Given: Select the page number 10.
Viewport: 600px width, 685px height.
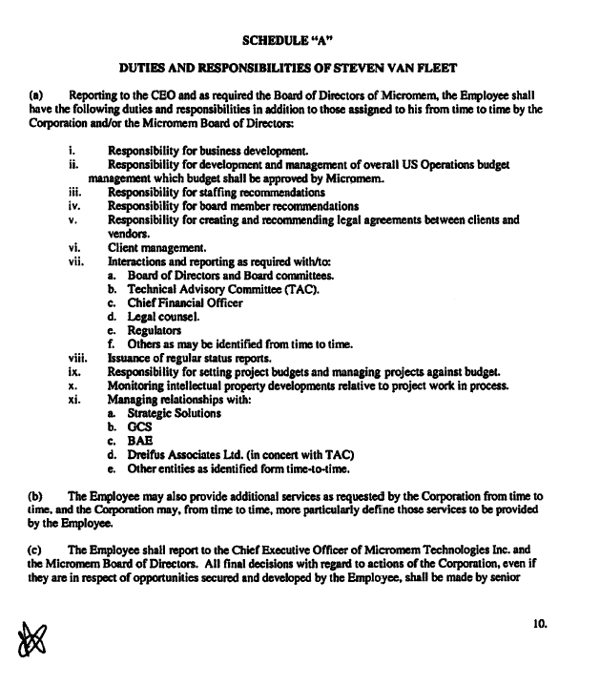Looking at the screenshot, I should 541,623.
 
